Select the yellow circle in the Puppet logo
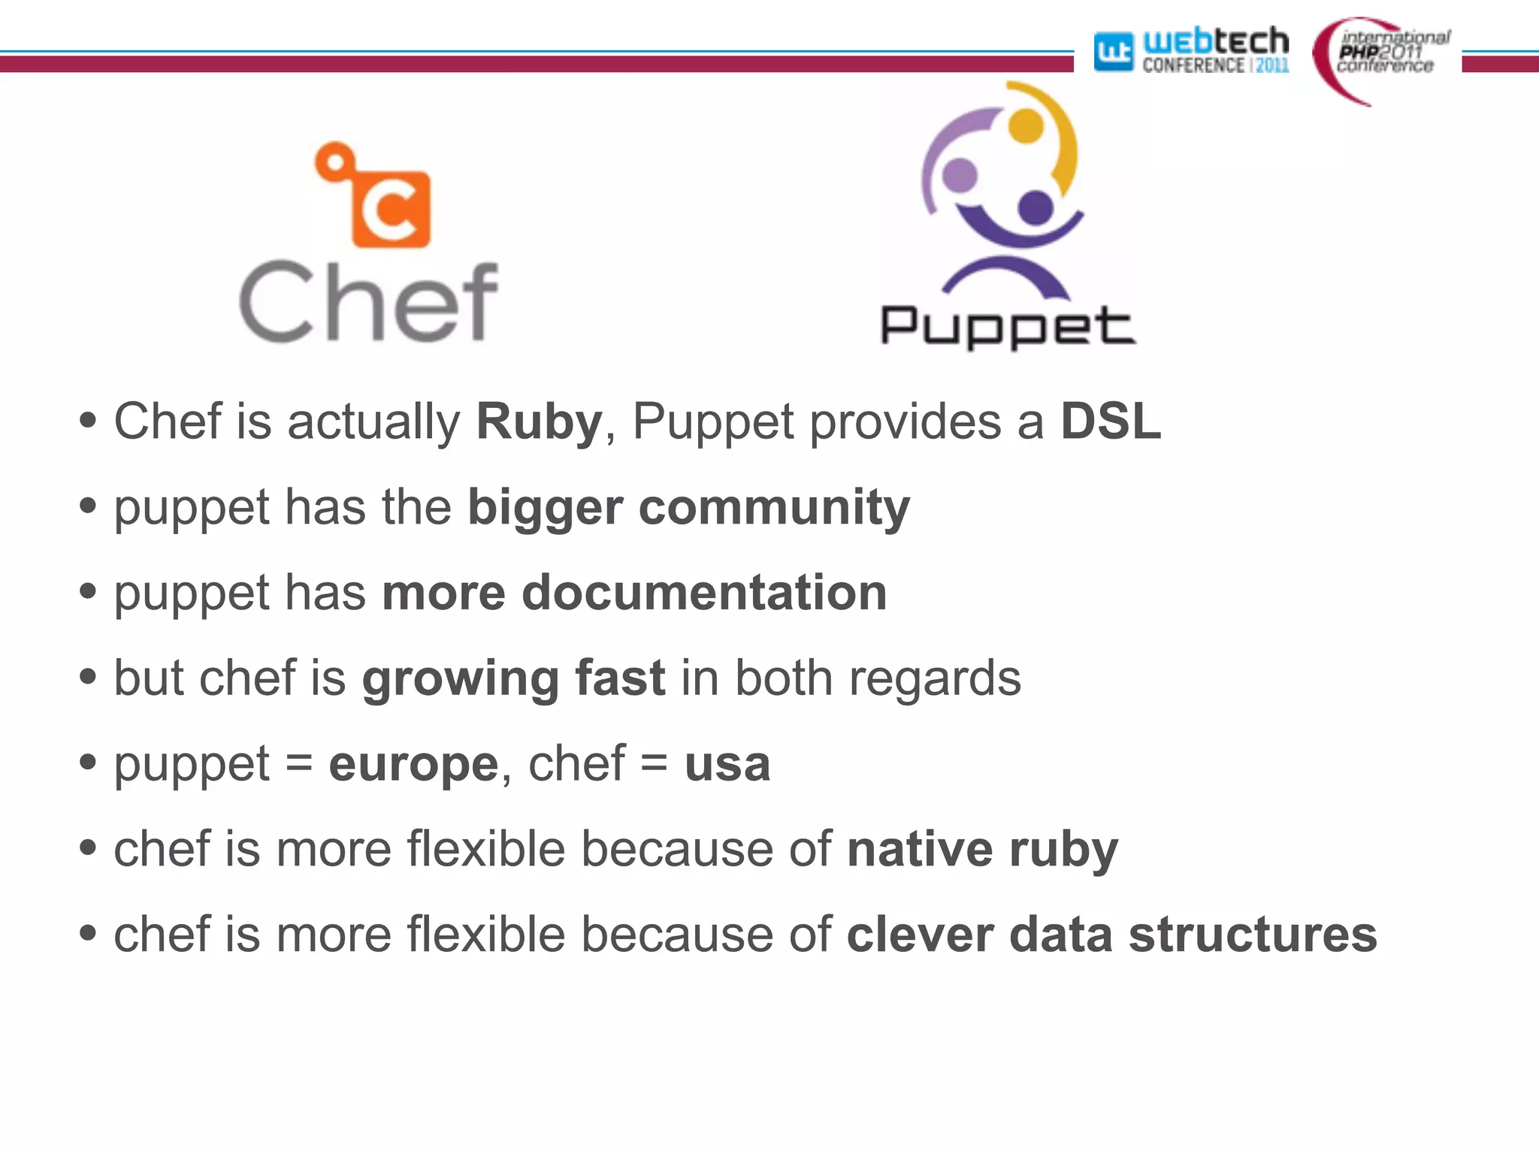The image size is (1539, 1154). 1026,125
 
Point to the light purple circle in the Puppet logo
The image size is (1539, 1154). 960,174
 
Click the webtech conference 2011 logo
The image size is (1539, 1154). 1192,51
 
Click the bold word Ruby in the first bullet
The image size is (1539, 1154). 539,421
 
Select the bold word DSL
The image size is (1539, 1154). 1111,421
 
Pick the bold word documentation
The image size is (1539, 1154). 704,593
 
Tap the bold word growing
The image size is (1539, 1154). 460,679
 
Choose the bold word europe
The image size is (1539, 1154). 413,765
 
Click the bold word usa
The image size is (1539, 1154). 727,765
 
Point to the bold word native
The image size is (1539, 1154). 920,850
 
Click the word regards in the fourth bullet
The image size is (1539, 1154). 935,679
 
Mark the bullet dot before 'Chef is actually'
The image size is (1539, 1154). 88,421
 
